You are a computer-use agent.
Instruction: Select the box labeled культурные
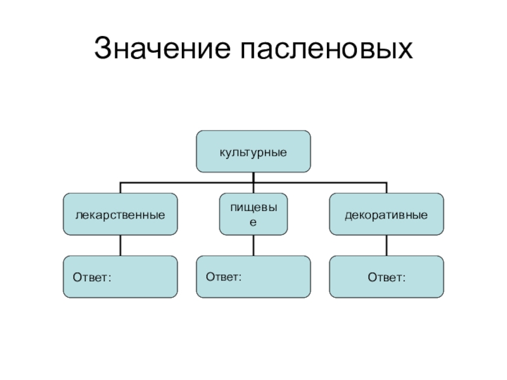(253, 152)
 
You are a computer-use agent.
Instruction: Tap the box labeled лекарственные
(120, 215)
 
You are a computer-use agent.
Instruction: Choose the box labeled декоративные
(386, 215)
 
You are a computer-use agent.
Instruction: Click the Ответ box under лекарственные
(120, 277)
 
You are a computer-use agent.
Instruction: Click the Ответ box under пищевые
(253, 277)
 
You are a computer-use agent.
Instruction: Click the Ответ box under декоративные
(386, 277)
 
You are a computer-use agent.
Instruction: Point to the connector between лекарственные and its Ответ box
(120, 246)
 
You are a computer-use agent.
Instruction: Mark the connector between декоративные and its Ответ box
(386, 246)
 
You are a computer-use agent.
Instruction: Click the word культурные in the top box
(253, 153)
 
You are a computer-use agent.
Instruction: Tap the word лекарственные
(120, 215)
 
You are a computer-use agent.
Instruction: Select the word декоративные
(386, 215)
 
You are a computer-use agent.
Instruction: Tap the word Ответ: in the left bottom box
(91, 277)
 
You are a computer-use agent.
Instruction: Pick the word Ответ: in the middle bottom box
(224, 277)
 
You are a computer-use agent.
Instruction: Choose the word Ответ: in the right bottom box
(386, 277)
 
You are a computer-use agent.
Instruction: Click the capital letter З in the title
(103, 49)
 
